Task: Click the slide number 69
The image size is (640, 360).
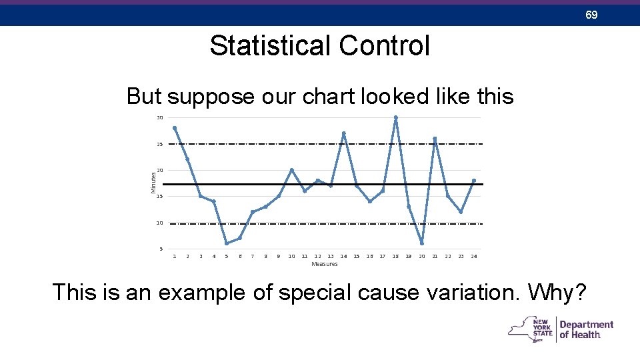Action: pyautogui.click(x=591, y=14)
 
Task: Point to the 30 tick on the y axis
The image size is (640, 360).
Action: pyautogui.click(x=159, y=118)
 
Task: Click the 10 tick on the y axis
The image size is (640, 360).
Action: pyautogui.click(x=159, y=223)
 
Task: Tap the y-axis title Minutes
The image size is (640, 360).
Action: pyautogui.click(x=153, y=183)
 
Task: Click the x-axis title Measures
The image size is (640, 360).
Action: pyautogui.click(x=324, y=265)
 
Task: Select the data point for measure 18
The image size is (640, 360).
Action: pyautogui.click(x=395, y=118)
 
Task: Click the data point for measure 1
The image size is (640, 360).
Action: pyautogui.click(x=175, y=128)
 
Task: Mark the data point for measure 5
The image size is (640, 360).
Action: pyautogui.click(x=227, y=243)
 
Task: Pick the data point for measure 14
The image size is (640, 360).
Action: pyautogui.click(x=343, y=133)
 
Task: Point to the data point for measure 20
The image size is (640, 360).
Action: pyautogui.click(x=421, y=243)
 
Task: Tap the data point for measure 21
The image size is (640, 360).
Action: pyautogui.click(x=435, y=139)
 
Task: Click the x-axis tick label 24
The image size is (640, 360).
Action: pyautogui.click(x=473, y=257)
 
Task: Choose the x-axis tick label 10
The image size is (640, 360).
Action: pyautogui.click(x=291, y=257)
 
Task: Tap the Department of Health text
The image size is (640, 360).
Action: pyautogui.click(x=586, y=329)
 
